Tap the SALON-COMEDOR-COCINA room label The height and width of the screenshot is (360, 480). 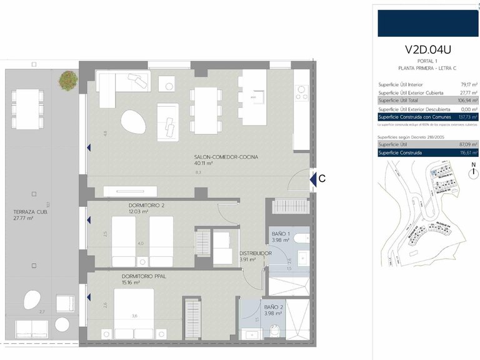click(x=226, y=157)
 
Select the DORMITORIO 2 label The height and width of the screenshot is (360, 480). click(x=146, y=205)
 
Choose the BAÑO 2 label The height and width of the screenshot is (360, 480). click(x=274, y=307)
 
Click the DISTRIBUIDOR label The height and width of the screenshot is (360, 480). click(x=255, y=253)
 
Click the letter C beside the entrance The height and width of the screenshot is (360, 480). click(x=321, y=179)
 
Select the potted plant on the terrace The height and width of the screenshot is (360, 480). click(x=68, y=79)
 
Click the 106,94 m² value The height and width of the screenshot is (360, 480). click(x=467, y=100)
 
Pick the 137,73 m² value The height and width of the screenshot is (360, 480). click(x=467, y=117)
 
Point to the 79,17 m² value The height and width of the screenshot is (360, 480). click(x=468, y=84)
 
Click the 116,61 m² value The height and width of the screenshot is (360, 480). click(x=467, y=152)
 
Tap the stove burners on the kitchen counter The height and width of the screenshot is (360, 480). click(x=301, y=93)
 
